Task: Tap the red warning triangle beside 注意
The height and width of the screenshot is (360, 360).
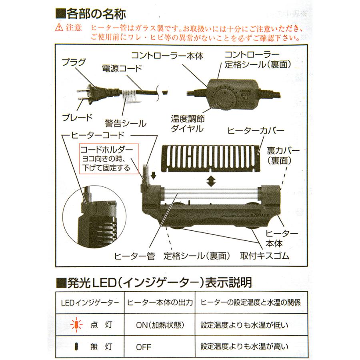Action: (x=60, y=28)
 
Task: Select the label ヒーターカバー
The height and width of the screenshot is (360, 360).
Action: (x=255, y=131)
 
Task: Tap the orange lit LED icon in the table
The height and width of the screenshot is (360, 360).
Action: (x=73, y=324)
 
